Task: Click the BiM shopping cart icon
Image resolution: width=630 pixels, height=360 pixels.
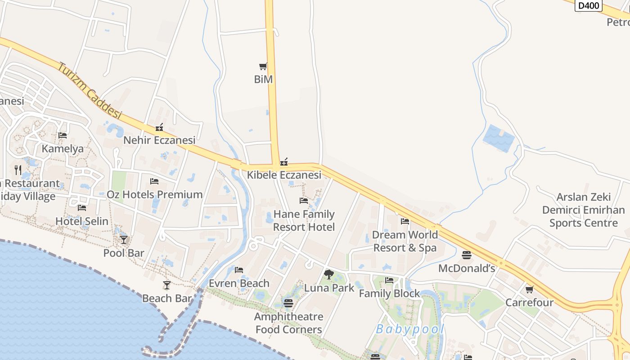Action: tap(263, 67)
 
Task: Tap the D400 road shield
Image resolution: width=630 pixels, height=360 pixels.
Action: tap(589, 5)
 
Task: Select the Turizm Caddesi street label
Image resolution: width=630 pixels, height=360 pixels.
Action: tap(90, 90)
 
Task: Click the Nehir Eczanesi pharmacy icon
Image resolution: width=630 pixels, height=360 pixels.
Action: tap(159, 128)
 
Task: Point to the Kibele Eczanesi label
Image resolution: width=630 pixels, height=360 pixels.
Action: tap(284, 175)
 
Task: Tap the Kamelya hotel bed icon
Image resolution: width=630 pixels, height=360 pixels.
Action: tap(63, 135)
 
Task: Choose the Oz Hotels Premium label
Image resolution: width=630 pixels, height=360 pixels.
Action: tap(154, 194)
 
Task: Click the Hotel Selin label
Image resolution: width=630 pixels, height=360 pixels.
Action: tap(82, 221)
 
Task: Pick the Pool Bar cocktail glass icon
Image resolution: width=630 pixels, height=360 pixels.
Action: tap(124, 239)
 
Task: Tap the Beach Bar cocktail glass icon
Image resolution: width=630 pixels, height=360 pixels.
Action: tap(167, 285)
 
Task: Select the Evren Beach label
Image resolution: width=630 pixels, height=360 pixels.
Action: tap(239, 283)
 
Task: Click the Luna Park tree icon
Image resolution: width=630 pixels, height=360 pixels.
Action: tap(329, 274)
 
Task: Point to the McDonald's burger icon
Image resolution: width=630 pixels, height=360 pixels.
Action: tap(467, 255)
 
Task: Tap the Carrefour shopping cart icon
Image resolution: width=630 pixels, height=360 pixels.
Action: tap(529, 289)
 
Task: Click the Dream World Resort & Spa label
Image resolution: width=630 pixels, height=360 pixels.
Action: tap(405, 241)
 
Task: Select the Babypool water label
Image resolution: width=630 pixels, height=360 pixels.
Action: tap(410, 329)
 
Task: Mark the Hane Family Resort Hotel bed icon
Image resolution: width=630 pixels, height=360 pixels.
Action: tap(304, 201)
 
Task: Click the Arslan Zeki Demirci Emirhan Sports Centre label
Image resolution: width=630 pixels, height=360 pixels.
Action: tap(583, 210)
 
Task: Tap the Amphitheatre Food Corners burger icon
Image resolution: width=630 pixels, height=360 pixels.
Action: tap(288, 303)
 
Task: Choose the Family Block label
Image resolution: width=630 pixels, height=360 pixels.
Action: tap(389, 293)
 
